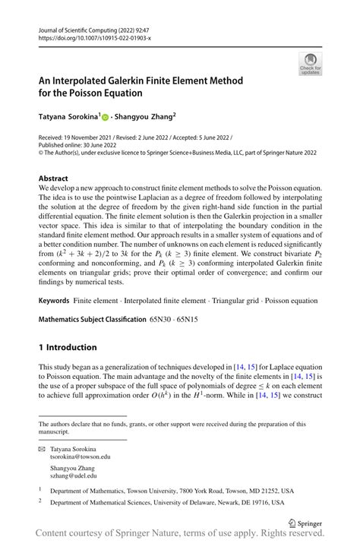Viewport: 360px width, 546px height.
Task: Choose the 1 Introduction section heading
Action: click(68, 347)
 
